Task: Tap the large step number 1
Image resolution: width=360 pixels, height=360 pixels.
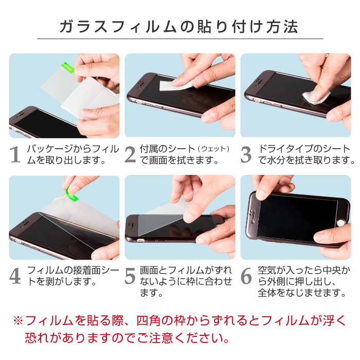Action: pyautogui.click(x=15, y=155)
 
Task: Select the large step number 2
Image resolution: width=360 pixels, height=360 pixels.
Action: pyautogui.click(x=131, y=155)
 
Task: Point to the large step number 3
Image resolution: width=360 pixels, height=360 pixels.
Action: pyautogui.click(x=246, y=155)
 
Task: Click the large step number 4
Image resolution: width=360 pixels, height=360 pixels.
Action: pyautogui.click(x=15, y=276)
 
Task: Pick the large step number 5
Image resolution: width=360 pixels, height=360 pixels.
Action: pyautogui.click(x=131, y=276)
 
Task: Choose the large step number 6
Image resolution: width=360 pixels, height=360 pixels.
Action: pyautogui.click(x=246, y=276)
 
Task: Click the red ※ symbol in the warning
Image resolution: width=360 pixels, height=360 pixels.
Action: pyautogui.click(x=19, y=321)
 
